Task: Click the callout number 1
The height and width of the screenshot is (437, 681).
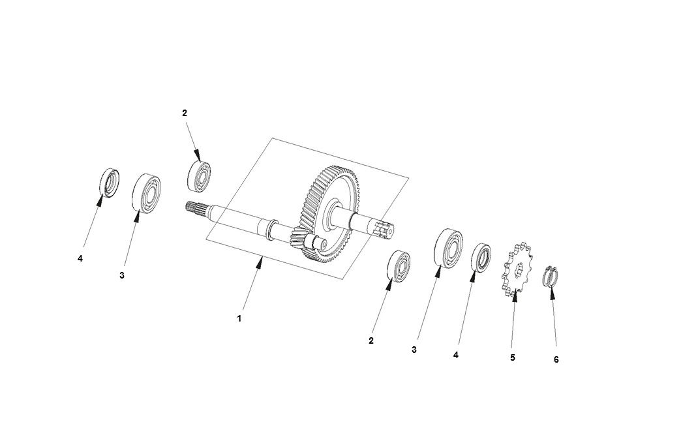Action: (239, 319)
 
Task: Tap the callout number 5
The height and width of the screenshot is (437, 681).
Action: (513, 357)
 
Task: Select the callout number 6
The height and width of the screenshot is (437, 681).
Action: (556, 359)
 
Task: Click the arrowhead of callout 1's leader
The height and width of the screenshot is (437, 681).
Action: (260, 262)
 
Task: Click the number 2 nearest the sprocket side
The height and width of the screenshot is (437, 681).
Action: (371, 340)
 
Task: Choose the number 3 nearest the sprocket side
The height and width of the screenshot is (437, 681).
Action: (414, 350)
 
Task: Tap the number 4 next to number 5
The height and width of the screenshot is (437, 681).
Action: (456, 355)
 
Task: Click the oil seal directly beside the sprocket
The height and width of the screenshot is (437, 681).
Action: (481, 258)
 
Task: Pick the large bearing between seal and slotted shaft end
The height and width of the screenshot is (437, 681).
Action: (448, 247)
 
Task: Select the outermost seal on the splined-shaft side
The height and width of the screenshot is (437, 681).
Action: (110, 182)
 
